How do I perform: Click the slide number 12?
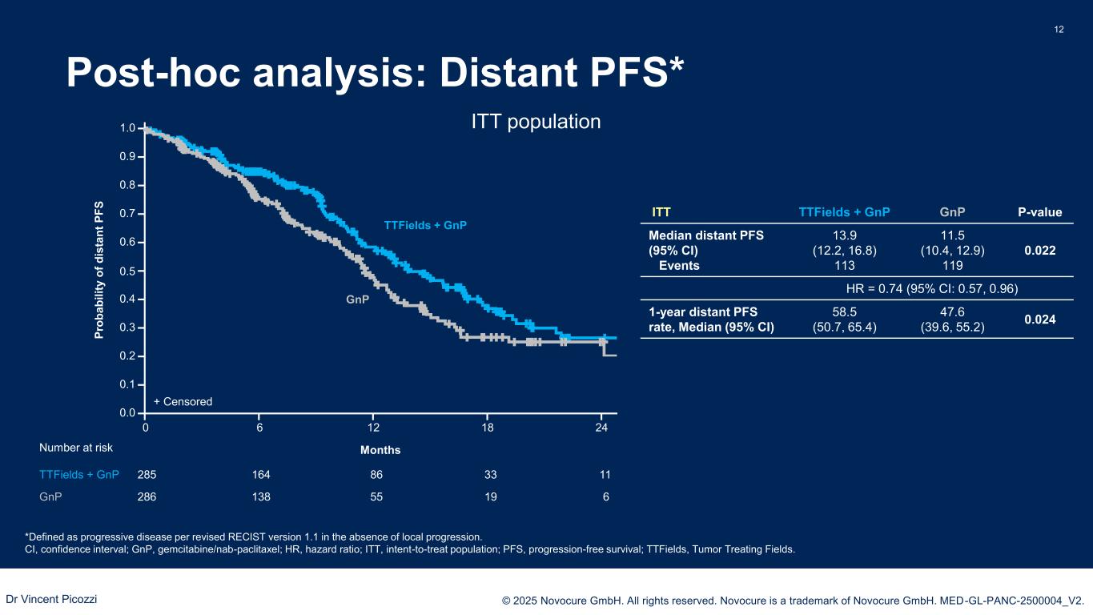[x=1059, y=30]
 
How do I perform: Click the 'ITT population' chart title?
[x=534, y=122]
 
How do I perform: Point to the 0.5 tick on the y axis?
[x=127, y=271]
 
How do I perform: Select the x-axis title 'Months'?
[x=380, y=450]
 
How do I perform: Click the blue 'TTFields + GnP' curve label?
[x=425, y=226]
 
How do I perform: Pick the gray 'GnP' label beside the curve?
[x=357, y=299]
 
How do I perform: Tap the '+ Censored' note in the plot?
[x=183, y=401]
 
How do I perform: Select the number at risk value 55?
[x=376, y=496]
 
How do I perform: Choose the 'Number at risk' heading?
[x=76, y=448]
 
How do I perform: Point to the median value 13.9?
[x=844, y=235]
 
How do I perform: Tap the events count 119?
[x=952, y=266]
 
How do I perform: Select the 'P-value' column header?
[x=1039, y=212]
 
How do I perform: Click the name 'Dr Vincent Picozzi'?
[x=52, y=598]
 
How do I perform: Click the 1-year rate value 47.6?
[x=952, y=311]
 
